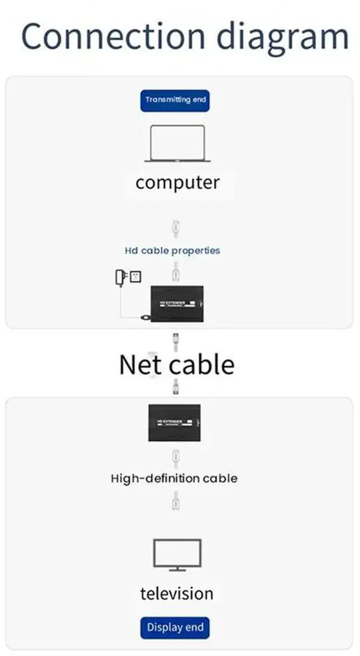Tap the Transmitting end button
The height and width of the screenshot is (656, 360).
pyautogui.click(x=175, y=100)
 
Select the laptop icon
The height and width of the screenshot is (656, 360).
pyautogui.click(x=177, y=144)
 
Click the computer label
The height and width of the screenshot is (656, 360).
pyautogui.click(x=177, y=183)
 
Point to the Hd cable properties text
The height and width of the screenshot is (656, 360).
pyautogui.click(x=172, y=250)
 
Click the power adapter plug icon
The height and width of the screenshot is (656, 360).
pyautogui.click(x=120, y=277)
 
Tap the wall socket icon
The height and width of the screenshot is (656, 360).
pyautogui.click(x=135, y=276)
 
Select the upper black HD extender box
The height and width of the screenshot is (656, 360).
pyautogui.click(x=177, y=305)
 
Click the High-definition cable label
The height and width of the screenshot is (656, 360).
pyautogui.click(x=174, y=479)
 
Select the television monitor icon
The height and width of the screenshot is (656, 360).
pyautogui.click(x=177, y=555)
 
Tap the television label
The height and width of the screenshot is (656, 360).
pyautogui.click(x=177, y=593)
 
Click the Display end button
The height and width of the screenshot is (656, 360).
pyautogui.click(x=175, y=627)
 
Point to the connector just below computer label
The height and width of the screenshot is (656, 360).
pyautogui.click(x=176, y=228)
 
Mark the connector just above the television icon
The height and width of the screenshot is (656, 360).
pyautogui.click(x=176, y=500)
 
